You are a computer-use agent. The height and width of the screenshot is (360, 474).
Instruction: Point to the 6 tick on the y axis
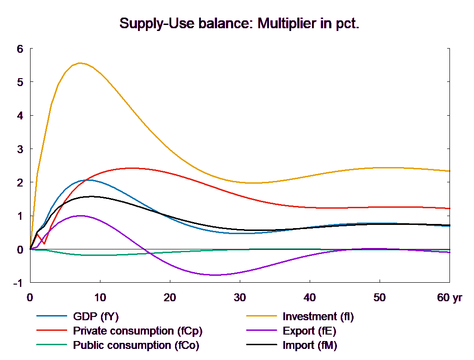point(19,49)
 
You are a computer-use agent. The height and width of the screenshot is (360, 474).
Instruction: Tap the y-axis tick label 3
point(19,149)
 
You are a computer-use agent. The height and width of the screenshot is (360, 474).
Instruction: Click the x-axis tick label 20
point(170,298)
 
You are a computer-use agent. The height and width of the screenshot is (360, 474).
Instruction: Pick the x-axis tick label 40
point(309,298)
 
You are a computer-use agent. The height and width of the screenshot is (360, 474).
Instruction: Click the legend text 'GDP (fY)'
point(96,317)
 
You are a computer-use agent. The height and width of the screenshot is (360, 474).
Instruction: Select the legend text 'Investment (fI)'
point(318,317)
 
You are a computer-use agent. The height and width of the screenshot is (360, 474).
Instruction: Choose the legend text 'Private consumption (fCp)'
point(137,331)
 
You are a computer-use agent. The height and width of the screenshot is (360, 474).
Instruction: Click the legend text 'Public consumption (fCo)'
point(136,345)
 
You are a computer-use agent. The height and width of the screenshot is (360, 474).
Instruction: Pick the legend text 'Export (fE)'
point(309,331)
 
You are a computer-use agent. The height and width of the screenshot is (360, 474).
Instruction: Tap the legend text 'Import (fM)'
point(310,345)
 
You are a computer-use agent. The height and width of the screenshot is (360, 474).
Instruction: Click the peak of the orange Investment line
point(81,63)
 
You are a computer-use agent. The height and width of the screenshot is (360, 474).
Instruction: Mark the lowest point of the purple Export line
point(215,275)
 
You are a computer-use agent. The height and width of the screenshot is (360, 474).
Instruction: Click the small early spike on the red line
point(38,234)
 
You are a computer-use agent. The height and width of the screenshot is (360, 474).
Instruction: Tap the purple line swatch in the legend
point(261,331)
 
